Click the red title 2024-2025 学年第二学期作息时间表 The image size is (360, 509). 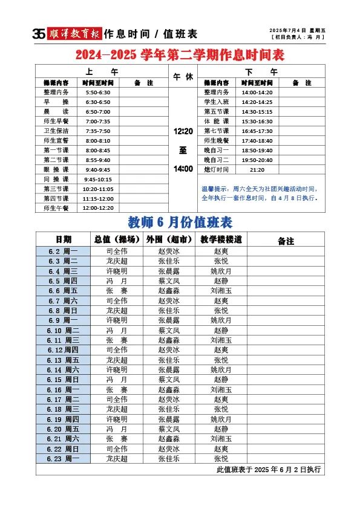pos(180,56)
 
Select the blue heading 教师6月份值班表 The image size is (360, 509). pos(180,222)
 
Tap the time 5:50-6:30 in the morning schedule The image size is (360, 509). pos(98,92)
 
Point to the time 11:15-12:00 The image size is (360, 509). pos(98,198)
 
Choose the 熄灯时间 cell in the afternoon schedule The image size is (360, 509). pos(217,170)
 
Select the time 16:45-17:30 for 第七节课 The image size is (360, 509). pos(257,131)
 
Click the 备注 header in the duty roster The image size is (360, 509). pos(286,241)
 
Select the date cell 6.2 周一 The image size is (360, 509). pos(63,251)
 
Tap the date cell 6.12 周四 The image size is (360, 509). pos(63,350)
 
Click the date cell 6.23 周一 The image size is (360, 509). pos(63,459)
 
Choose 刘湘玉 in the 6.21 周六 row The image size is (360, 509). pos(221,439)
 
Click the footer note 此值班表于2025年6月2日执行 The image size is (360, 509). pos(268,469)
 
